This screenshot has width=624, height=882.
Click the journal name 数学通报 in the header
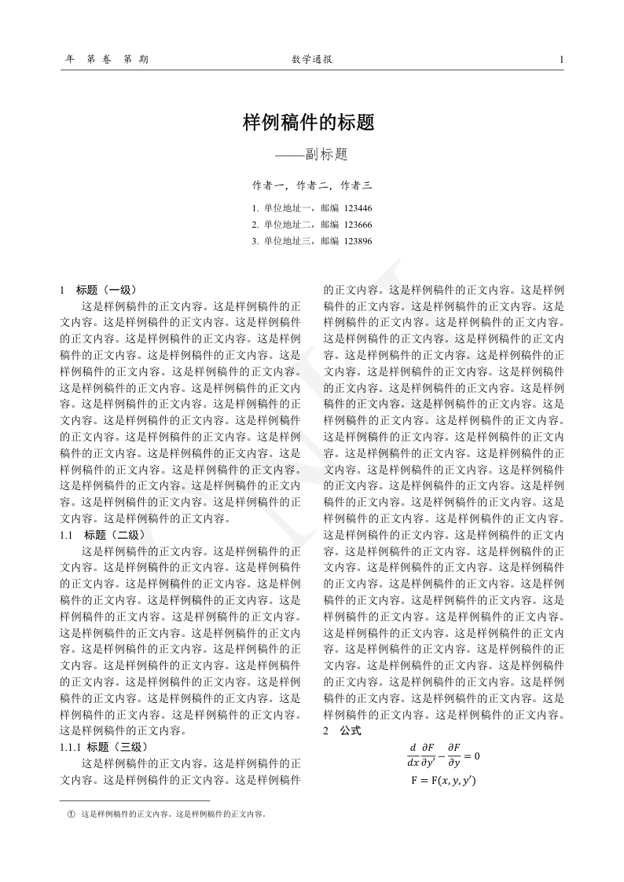tap(311, 60)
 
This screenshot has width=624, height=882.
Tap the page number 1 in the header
tap(561, 60)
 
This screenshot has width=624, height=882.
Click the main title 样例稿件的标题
tap(307, 123)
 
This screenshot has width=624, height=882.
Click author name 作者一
tap(267, 186)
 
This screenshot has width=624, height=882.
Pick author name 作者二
tap(312, 186)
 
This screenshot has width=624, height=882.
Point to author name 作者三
tap(356, 186)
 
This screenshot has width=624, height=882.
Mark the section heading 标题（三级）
tap(117, 746)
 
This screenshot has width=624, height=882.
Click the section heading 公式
tap(351, 730)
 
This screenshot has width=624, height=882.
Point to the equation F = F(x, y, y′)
tap(444, 781)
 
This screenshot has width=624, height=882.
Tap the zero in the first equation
tap(476, 755)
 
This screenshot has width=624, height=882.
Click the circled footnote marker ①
tap(71, 814)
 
